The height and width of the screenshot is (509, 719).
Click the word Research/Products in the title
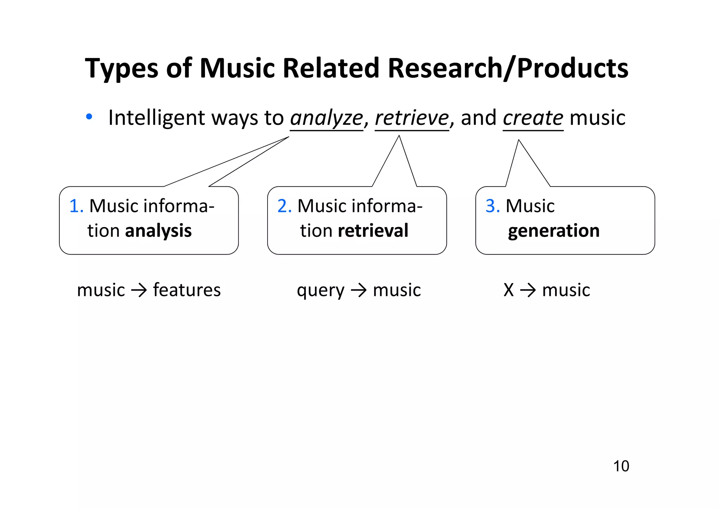click(x=508, y=68)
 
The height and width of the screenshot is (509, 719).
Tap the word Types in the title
click(x=121, y=69)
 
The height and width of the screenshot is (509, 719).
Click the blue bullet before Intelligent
click(x=89, y=117)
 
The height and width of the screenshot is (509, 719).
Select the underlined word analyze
click(x=326, y=118)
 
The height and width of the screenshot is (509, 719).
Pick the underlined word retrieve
click(x=412, y=118)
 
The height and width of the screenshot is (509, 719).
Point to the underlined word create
click(x=533, y=118)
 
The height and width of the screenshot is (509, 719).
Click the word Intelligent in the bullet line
click(x=157, y=118)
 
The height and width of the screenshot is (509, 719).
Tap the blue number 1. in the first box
click(x=76, y=206)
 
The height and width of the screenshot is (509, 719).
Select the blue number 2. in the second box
click(x=284, y=206)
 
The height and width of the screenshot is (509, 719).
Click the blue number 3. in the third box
click(x=493, y=206)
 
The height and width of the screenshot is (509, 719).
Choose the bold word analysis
click(x=158, y=231)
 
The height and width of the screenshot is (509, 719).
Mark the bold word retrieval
click(x=373, y=231)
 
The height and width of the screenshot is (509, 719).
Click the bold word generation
click(x=554, y=231)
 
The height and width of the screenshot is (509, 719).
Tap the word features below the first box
click(x=187, y=290)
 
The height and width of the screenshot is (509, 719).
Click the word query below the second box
click(x=321, y=291)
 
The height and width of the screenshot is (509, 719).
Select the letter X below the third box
click(x=509, y=290)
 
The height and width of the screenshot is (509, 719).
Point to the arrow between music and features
click(x=139, y=291)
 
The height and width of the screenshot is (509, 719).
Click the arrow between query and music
click(x=359, y=291)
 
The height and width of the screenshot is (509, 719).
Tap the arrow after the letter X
click(x=528, y=291)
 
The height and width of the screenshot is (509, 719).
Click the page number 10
click(x=621, y=466)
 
